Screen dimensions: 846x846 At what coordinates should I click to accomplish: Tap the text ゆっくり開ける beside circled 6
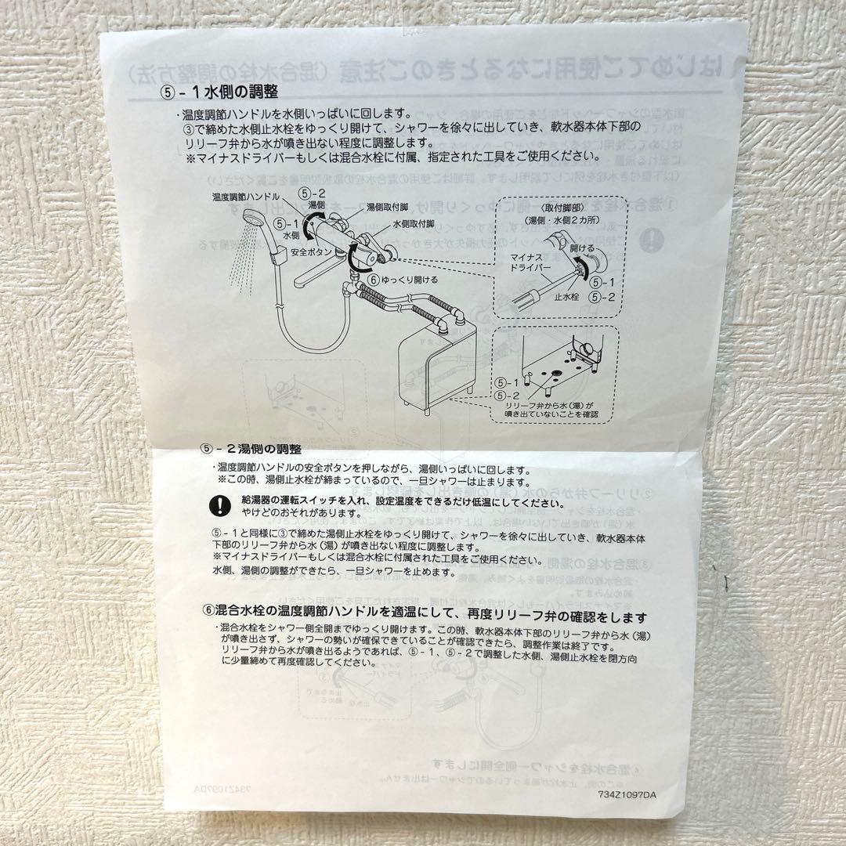pyautogui.click(x=408, y=280)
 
